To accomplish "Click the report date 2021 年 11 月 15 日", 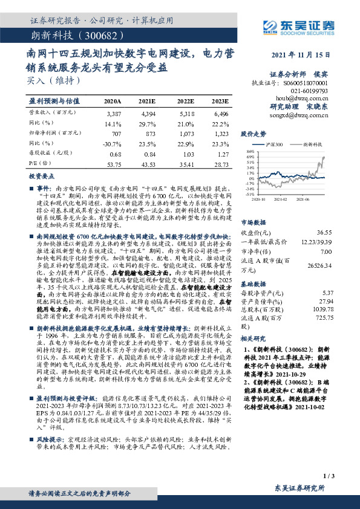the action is coord(301,56).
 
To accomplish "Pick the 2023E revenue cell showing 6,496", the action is coord(221,114).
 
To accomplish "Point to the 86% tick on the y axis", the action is coord(250,151).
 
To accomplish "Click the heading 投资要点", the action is coord(39,175).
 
